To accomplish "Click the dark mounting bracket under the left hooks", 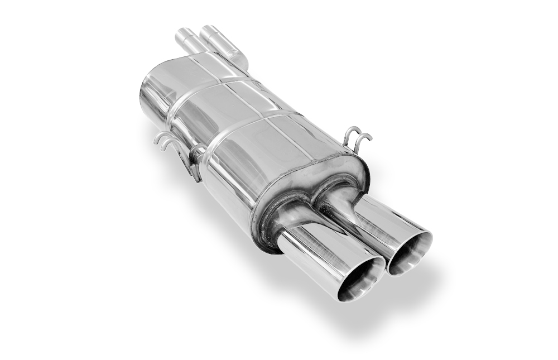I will [195, 162].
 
